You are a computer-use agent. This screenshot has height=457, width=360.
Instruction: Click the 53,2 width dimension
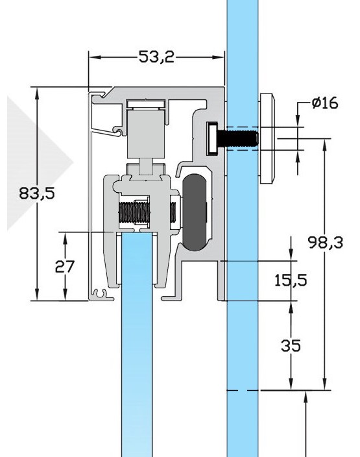[156, 57]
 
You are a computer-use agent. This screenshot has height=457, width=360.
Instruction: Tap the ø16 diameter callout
[324, 104]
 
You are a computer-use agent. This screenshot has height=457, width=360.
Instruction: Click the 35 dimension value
[290, 345]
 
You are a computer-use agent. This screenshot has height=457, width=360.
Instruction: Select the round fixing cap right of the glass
[267, 138]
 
